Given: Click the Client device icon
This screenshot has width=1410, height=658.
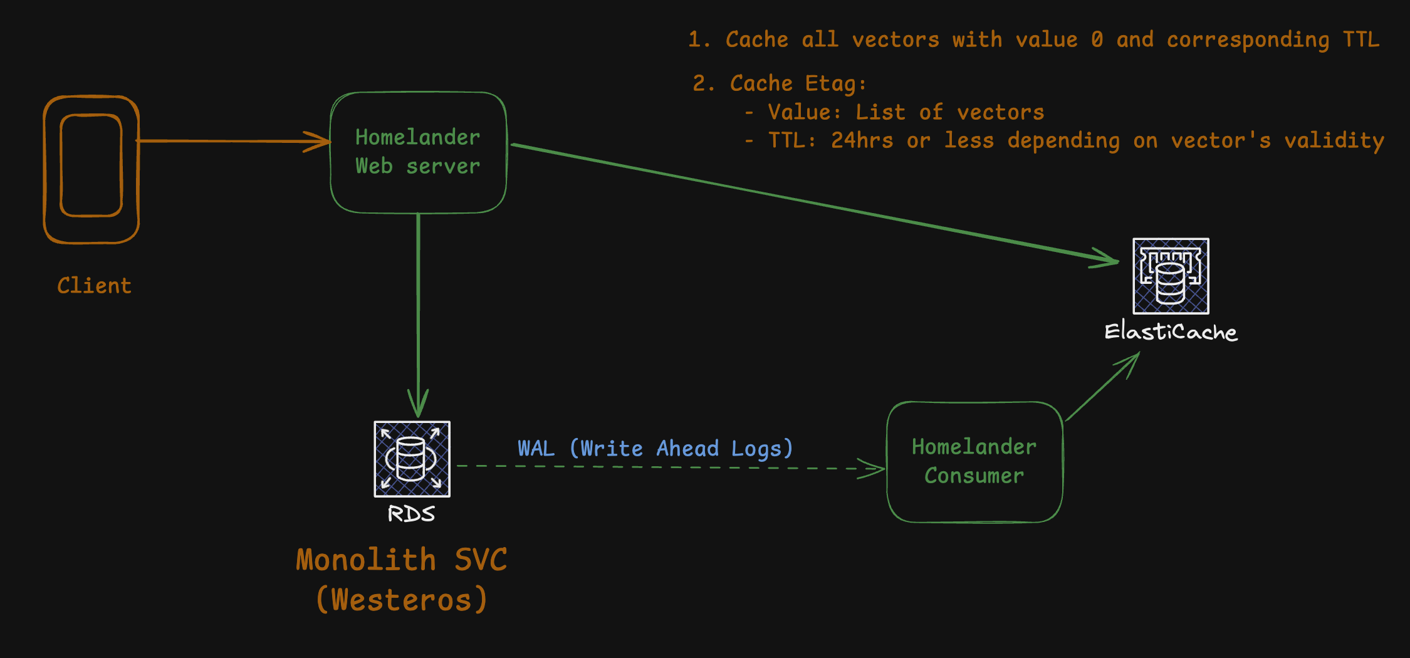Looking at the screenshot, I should (x=91, y=169).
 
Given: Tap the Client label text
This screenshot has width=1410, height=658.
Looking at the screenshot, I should (x=95, y=286).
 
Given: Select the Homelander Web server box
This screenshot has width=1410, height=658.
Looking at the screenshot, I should (x=418, y=152).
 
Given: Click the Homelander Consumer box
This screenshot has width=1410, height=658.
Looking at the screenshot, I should (x=974, y=462).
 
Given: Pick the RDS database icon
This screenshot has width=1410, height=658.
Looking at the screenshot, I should (x=412, y=459).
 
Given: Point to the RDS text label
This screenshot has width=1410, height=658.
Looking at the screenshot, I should (x=411, y=514).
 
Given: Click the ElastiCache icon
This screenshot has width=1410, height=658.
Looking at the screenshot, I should (x=1171, y=276).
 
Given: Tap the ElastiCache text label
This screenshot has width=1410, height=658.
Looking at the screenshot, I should (x=1171, y=332).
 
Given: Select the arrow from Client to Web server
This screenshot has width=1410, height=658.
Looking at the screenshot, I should (x=232, y=141).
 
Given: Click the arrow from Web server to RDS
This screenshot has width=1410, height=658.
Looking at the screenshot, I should (x=418, y=313).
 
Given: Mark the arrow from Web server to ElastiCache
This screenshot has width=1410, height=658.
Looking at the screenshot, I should (x=815, y=202).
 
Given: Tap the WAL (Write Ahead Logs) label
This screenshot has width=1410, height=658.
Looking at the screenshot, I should (x=655, y=449).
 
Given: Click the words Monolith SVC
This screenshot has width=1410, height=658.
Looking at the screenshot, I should (x=402, y=560).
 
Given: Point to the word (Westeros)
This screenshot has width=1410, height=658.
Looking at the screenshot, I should (x=402, y=600).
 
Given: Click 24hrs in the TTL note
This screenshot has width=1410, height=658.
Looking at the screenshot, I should (x=862, y=140).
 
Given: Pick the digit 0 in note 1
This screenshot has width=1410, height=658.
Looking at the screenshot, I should (x=1097, y=39).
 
